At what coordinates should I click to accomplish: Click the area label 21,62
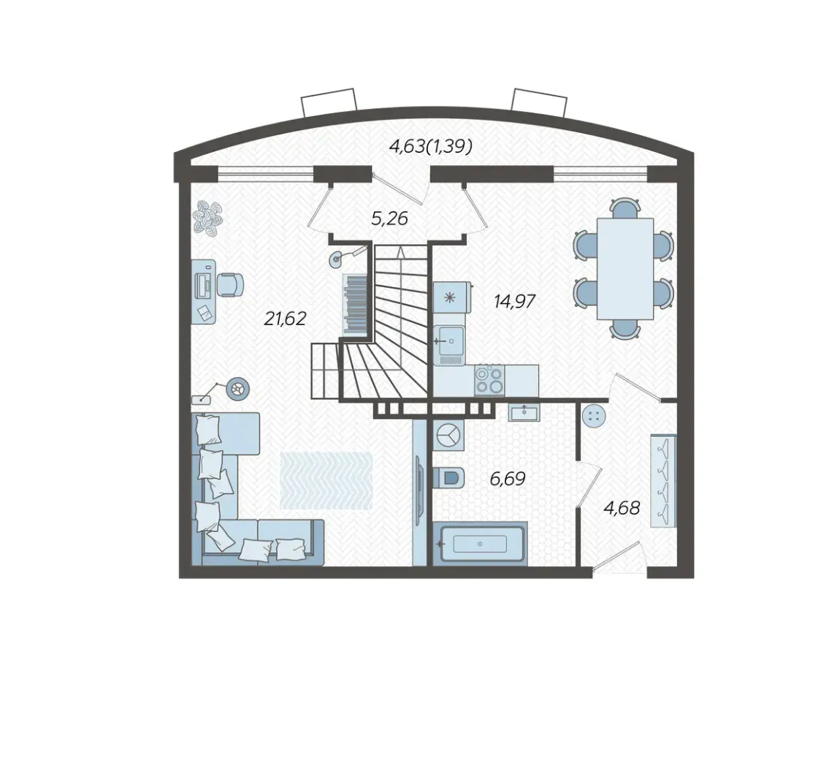(x=285, y=319)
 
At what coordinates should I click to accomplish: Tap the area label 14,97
(x=514, y=301)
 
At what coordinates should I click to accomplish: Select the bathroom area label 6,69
(x=508, y=478)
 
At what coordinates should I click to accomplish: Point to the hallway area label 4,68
(x=622, y=507)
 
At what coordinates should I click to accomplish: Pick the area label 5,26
(x=389, y=218)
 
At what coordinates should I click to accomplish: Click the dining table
(x=625, y=268)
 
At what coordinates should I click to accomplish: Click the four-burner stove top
(x=489, y=380)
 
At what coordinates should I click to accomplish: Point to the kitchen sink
(x=449, y=341)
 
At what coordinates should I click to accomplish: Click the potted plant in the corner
(x=208, y=218)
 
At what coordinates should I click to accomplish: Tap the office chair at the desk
(x=230, y=284)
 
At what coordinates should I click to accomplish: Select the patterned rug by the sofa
(x=326, y=480)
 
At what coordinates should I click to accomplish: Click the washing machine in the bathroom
(x=448, y=435)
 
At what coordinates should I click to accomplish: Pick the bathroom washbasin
(x=524, y=411)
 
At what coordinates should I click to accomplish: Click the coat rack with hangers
(x=663, y=481)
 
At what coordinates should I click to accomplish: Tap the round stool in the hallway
(x=593, y=416)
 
